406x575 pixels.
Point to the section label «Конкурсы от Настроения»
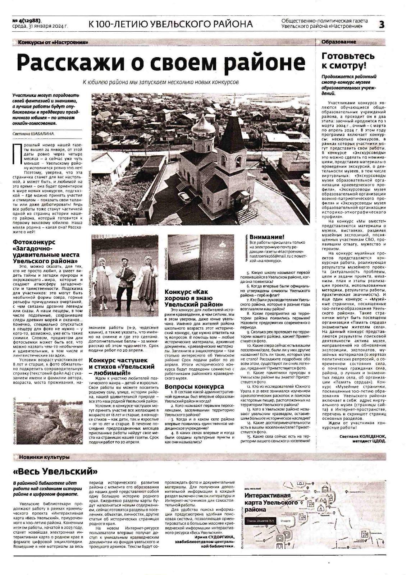click(x=53, y=42)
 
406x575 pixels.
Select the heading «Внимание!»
click(x=267, y=237)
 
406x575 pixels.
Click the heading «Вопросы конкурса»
click(x=189, y=387)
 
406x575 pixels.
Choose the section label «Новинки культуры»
click(x=44, y=457)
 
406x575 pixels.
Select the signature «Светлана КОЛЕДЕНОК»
click(x=362, y=436)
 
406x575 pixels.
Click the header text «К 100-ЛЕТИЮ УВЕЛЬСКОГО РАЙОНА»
click(x=170, y=24)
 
